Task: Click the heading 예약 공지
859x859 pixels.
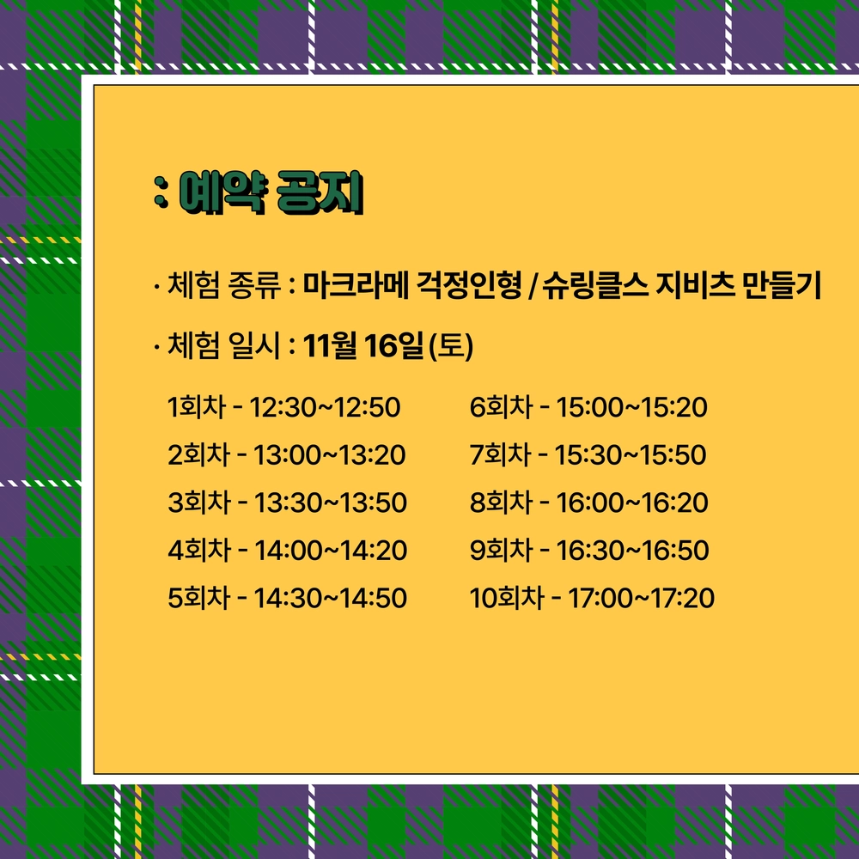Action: [x=271, y=192]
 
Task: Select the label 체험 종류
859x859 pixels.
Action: [x=223, y=285]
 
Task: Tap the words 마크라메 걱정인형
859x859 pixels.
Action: [x=412, y=285]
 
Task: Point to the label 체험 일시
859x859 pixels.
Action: [x=223, y=345]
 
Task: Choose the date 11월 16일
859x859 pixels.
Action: [x=363, y=345]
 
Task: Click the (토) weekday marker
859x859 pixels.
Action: [x=451, y=345]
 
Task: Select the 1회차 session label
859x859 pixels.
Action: [x=197, y=407]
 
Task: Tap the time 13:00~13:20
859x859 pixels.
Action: [x=329, y=454]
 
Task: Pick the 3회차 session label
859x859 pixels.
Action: [x=199, y=503]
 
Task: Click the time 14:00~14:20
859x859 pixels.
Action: [x=331, y=550]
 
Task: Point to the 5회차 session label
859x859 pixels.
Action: [x=199, y=598]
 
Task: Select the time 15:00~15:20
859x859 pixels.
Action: [x=631, y=407]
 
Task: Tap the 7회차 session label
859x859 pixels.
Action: [x=501, y=454]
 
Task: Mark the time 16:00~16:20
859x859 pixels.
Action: [x=632, y=503]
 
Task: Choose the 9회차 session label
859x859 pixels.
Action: [x=501, y=550]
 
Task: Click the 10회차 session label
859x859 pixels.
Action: [x=507, y=598]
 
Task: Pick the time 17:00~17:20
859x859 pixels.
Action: [x=641, y=598]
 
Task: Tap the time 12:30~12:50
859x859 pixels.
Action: [x=325, y=407]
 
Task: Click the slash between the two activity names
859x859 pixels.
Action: [x=533, y=286]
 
